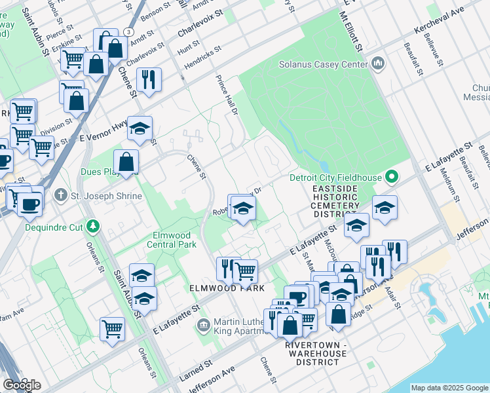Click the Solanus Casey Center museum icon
click(x=377, y=64)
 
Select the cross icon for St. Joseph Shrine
click(x=60, y=195)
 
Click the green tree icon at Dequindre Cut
click(x=94, y=227)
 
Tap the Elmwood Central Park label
click(x=173, y=239)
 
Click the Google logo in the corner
click(x=22, y=384)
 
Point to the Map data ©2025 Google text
click(x=449, y=388)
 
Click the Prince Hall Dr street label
click(x=225, y=94)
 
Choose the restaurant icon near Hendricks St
click(x=149, y=79)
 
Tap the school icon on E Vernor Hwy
click(x=140, y=128)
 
